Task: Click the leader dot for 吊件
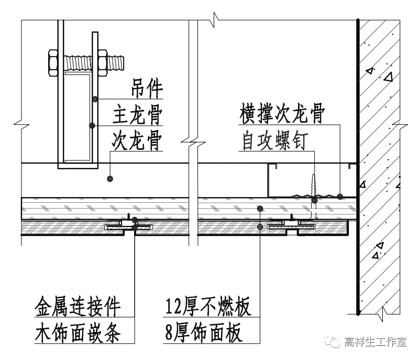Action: [x=94, y=99]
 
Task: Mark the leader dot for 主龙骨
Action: [x=92, y=125]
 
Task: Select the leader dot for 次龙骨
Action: [x=109, y=179]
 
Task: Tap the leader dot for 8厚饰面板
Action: [x=260, y=226]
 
